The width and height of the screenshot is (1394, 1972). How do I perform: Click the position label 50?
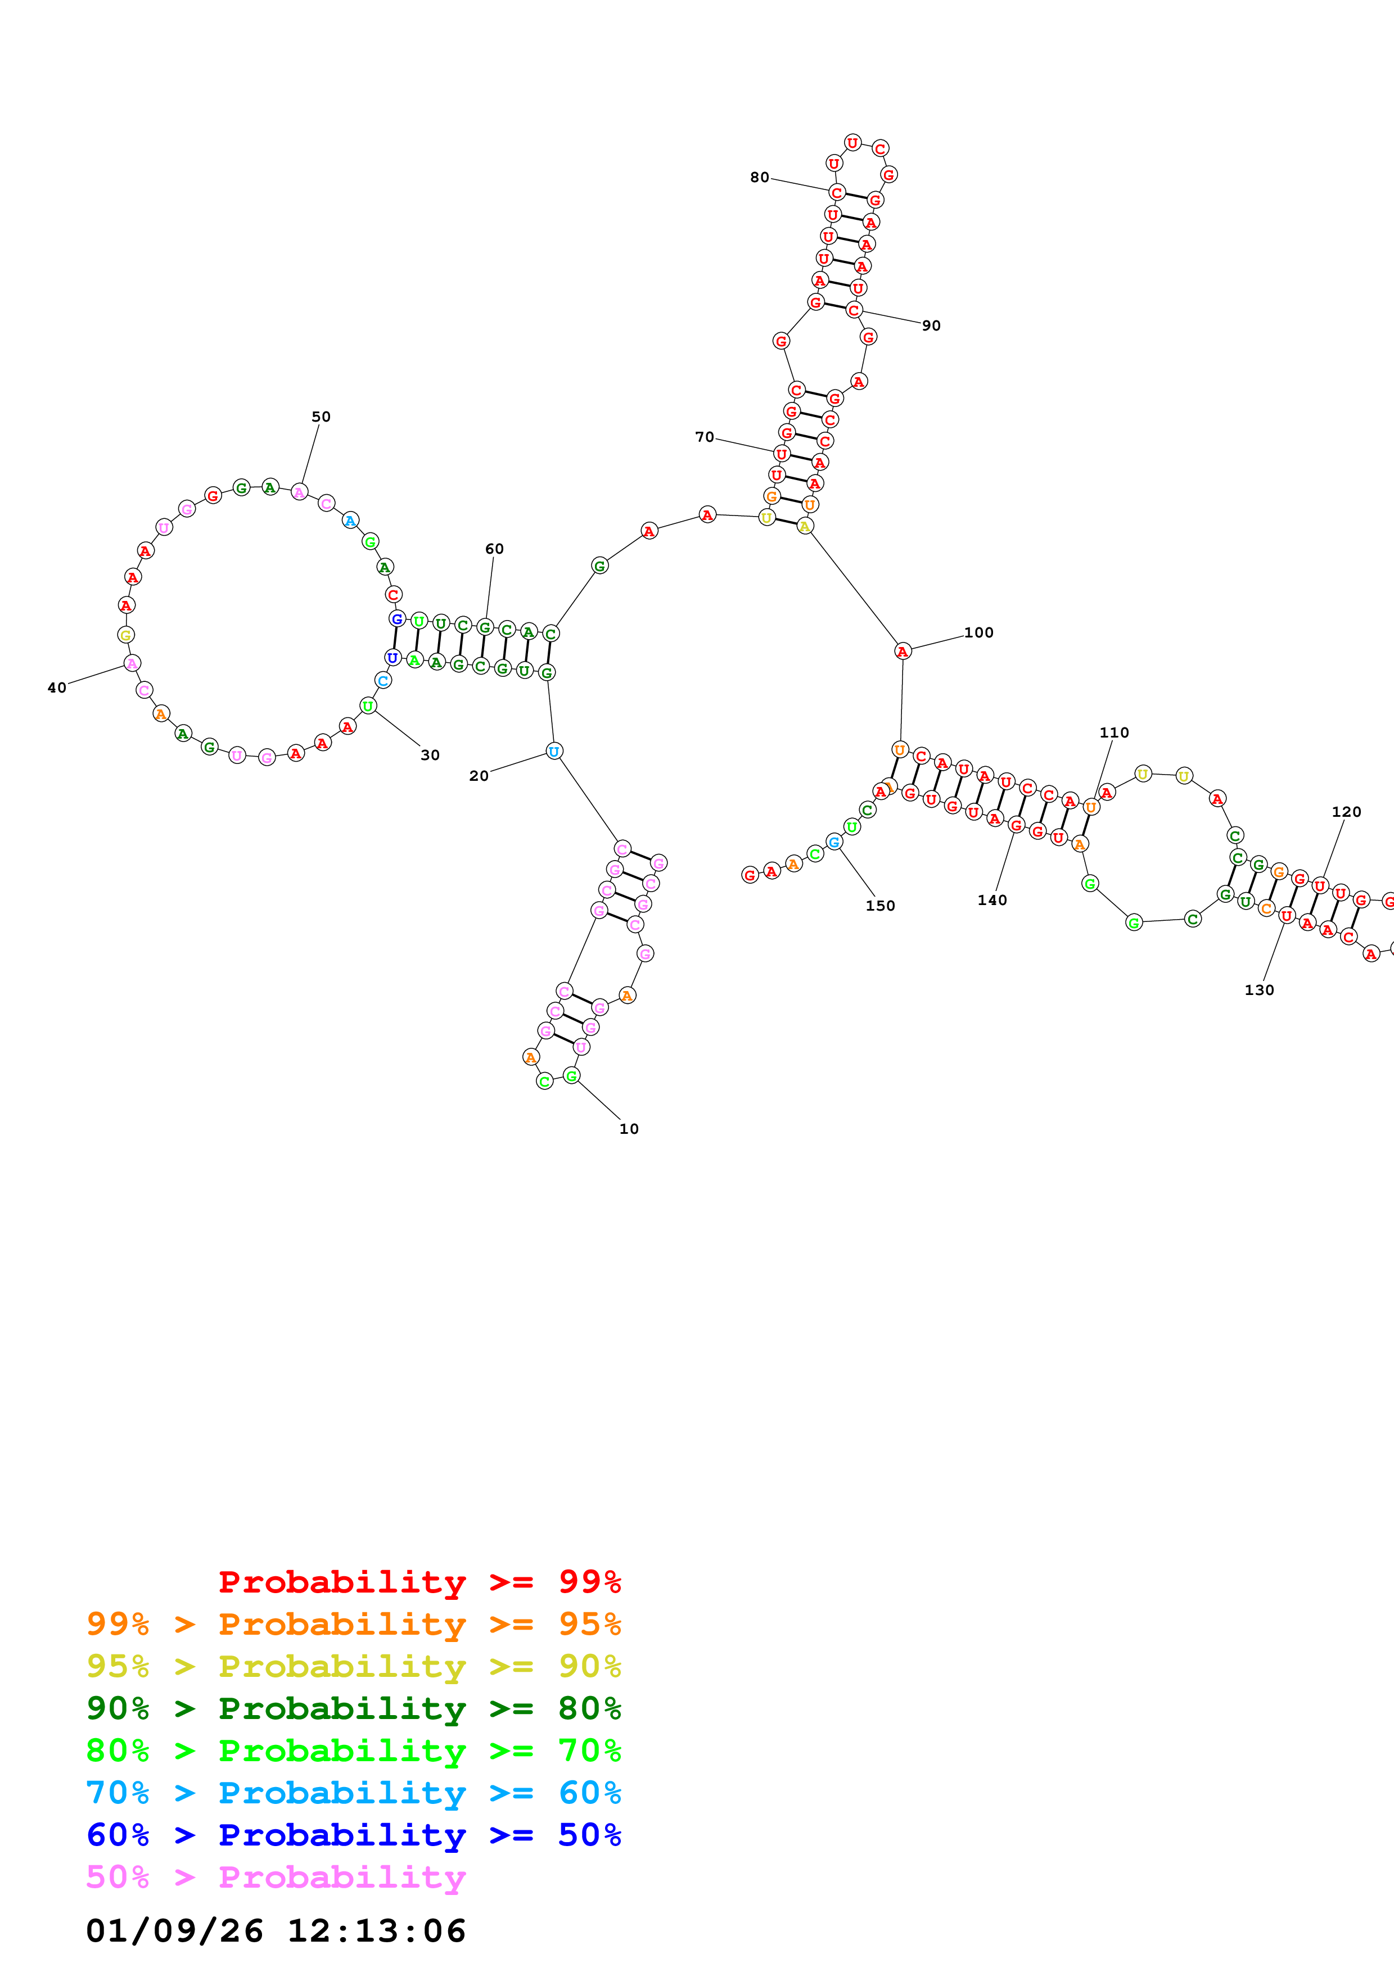pos(321,417)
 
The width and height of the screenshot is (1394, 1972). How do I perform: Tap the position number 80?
pos(759,177)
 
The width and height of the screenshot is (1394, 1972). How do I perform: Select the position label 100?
pos(978,632)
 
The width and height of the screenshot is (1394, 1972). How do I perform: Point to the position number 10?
pos(629,1129)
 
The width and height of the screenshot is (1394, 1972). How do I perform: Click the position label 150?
pos(879,905)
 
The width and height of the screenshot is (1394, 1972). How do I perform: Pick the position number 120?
pos(1346,812)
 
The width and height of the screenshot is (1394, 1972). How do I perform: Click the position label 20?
pos(479,776)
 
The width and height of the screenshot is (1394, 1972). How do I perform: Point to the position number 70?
pos(704,437)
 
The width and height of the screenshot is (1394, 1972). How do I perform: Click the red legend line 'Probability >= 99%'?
pos(419,1581)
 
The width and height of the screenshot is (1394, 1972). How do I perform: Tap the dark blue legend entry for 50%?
pos(353,1835)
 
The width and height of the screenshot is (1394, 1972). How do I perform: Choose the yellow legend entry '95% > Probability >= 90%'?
pos(353,1666)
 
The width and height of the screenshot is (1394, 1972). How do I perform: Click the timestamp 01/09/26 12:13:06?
pos(276,1931)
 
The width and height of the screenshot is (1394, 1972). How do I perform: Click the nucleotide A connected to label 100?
pos(902,651)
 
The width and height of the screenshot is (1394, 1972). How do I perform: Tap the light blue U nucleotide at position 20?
pos(554,752)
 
